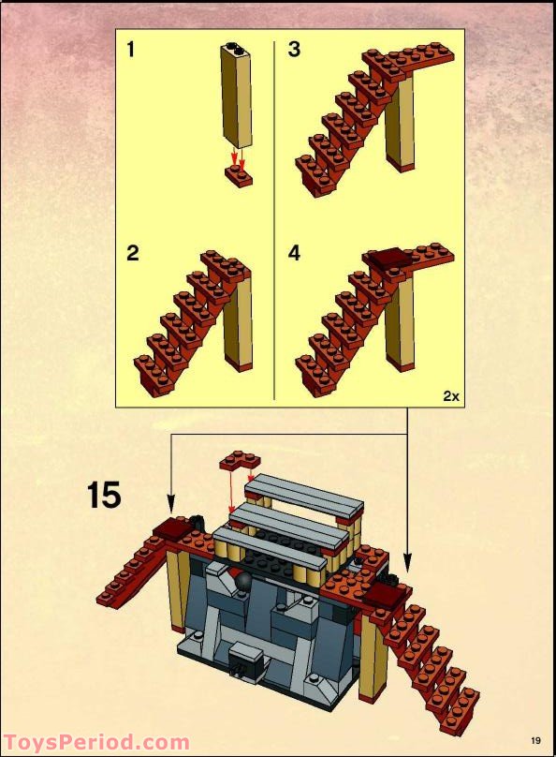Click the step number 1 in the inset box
130,50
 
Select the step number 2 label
132,253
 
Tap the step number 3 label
294,50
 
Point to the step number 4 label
294,253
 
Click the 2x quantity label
450,396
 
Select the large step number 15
105,494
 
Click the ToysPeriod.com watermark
95,742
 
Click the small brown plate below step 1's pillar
238,178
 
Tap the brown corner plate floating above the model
241,461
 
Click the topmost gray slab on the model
309,493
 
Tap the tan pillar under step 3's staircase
400,122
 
